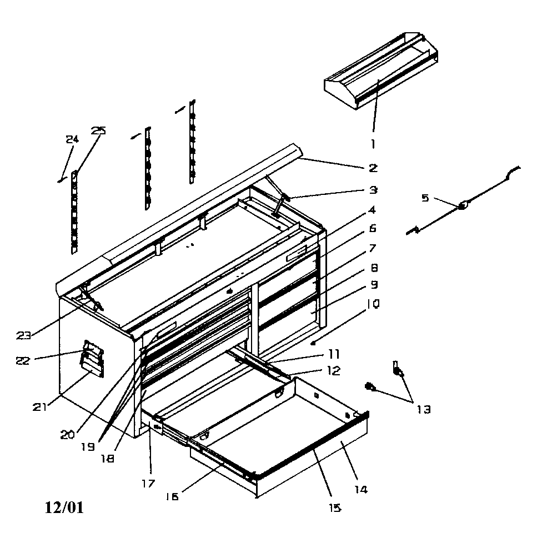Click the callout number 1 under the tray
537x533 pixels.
coord(373,143)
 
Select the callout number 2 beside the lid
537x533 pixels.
coord(373,167)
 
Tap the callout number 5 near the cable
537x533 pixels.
coord(425,198)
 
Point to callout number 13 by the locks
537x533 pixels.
coord(423,410)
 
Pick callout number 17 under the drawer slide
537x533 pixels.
coord(148,483)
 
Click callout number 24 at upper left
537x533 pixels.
coord(72,139)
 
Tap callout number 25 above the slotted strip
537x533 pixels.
coord(98,131)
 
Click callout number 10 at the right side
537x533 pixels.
coord(373,304)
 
